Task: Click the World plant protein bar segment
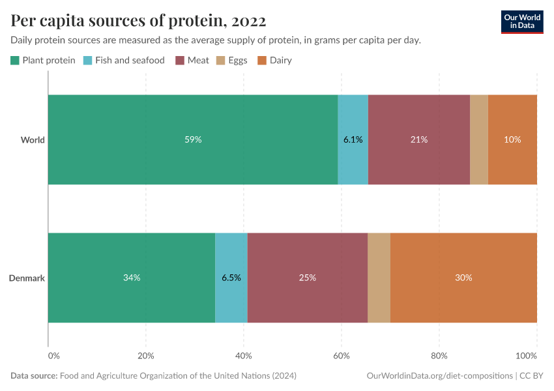click(x=193, y=139)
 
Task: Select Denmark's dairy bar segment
click(x=463, y=278)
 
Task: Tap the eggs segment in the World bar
click(x=479, y=139)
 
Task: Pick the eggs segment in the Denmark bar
click(x=379, y=278)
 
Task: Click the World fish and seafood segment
click(x=353, y=139)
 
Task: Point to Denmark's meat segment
click(x=308, y=278)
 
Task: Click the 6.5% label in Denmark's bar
click(x=231, y=278)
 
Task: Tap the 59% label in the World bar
click(x=193, y=139)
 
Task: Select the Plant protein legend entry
click(x=43, y=61)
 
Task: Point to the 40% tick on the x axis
click(x=243, y=356)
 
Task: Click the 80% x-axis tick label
click(x=439, y=356)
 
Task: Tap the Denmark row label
click(x=27, y=278)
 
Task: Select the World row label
click(x=33, y=140)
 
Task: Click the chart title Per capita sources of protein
click(x=138, y=21)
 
